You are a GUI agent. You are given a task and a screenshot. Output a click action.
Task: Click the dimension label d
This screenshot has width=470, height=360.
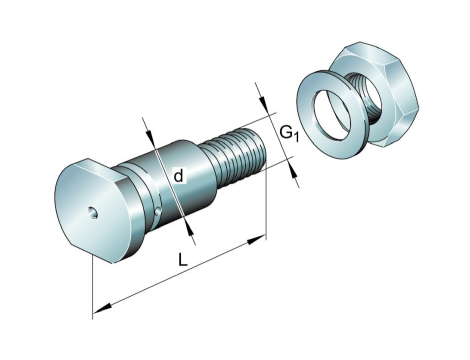coord(179,176)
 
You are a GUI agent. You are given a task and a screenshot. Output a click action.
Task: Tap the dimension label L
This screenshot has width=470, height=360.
coord(182,259)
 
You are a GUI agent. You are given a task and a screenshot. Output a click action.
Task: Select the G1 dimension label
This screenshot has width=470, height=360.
coord(289,133)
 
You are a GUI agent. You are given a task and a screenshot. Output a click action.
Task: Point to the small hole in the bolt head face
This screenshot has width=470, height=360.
coord(93,213)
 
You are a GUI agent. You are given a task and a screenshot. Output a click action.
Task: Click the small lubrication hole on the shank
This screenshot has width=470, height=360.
coord(159,211)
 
